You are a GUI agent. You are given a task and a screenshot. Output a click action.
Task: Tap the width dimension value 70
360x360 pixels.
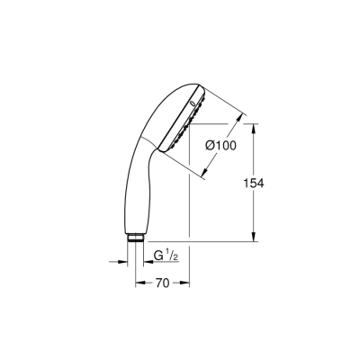pyautogui.click(x=161, y=283)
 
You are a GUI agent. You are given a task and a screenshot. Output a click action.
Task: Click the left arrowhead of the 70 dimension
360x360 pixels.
pyautogui.click(x=139, y=282)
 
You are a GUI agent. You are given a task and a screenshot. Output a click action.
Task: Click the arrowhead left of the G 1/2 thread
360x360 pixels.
pyautogui.click(x=125, y=263)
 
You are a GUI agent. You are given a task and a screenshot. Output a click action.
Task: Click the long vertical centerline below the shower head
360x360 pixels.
pyautogui.click(x=188, y=207)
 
